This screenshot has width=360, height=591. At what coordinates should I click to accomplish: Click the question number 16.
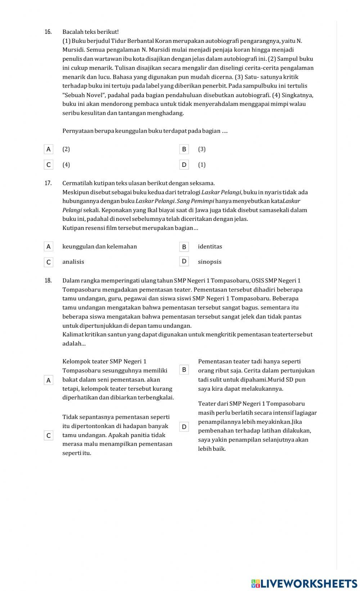click(48, 32)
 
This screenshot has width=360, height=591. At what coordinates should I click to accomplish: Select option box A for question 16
click(49, 149)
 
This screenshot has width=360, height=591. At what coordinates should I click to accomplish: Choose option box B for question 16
click(184, 149)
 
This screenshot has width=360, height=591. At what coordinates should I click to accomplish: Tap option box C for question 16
click(49, 165)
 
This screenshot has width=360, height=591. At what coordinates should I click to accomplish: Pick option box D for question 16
click(184, 165)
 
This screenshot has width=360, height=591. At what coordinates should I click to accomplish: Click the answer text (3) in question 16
click(202, 149)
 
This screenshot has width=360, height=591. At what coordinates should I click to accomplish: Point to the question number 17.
click(48, 183)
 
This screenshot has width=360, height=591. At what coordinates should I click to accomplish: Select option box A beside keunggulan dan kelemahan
click(49, 246)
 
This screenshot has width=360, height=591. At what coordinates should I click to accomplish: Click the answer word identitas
click(210, 246)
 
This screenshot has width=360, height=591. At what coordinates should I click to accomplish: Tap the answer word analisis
click(73, 262)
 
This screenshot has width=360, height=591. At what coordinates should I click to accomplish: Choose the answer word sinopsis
click(210, 262)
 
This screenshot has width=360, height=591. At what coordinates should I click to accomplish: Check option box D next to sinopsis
click(184, 261)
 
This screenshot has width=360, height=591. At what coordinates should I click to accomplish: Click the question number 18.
click(48, 281)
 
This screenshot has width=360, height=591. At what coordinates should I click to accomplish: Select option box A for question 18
click(49, 380)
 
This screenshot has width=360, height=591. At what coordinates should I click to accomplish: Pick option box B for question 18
click(184, 369)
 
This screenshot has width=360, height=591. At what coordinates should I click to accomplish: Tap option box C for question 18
click(49, 436)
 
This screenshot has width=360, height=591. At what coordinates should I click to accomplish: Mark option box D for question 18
click(184, 427)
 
